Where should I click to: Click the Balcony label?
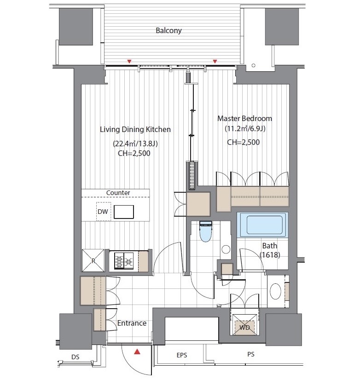[x=168, y=31]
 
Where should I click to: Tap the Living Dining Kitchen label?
[x=135, y=129]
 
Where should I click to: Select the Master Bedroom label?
[x=245, y=118]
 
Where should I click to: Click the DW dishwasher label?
[x=103, y=212]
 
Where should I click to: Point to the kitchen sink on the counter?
[x=124, y=212]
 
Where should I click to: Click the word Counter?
[x=118, y=193]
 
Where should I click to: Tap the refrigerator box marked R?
[x=93, y=260]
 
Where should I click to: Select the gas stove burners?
[x=124, y=260]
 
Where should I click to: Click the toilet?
[x=206, y=231]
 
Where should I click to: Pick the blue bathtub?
[x=263, y=225]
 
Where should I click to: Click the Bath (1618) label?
[x=270, y=250]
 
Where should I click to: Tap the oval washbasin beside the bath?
[x=275, y=291]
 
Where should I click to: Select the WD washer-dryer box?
[x=244, y=324]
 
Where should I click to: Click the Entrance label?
[x=132, y=323]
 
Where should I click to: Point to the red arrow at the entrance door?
[x=137, y=352]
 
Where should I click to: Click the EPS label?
[x=182, y=355]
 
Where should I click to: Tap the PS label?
[x=251, y=354]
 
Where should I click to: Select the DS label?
[x=75, y=357]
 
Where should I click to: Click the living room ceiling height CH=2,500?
[x=134, y=154]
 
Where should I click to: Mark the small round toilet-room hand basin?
[x=226, y=249]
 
